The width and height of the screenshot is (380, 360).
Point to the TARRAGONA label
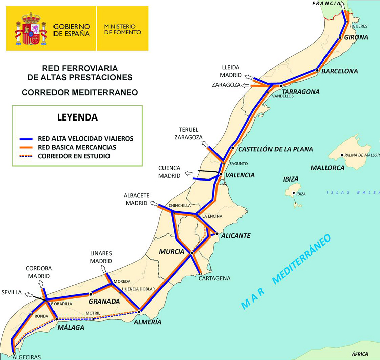tap(301, 92)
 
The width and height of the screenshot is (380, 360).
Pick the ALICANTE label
tap(236, 235)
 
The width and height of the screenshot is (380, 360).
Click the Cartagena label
tap(214, 278)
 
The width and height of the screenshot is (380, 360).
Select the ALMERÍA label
tap(148, 322)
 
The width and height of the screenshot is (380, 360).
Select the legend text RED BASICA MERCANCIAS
tap(77, 147)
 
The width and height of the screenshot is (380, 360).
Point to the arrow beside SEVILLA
tap(30, 296)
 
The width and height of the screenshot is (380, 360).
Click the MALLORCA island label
tap(327, 168)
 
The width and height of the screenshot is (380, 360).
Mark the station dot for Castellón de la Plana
tap(232, 148)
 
